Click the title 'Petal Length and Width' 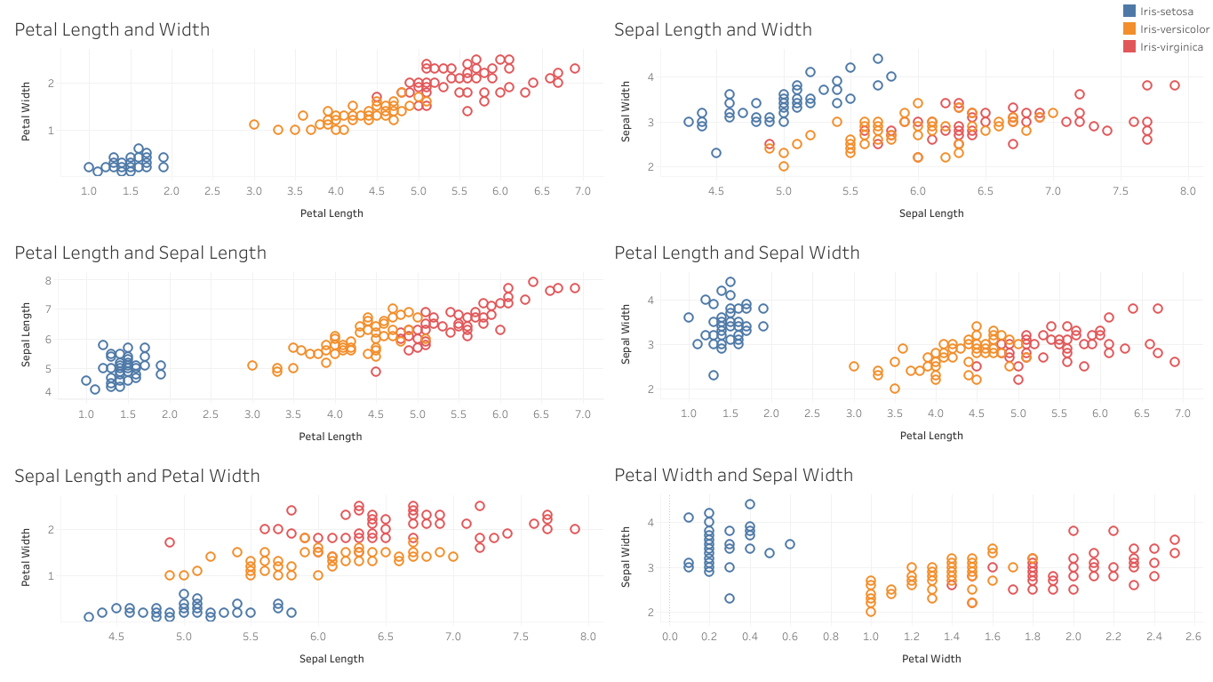(x=112, y=29)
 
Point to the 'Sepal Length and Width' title (x=713, y=29)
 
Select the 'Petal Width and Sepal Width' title (x=733, y=476)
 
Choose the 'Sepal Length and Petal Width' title (x=137, y=476)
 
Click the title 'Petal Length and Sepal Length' (x=140, y=253)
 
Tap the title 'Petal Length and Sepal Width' (x=737, y=253)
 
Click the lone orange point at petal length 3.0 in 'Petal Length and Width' (x=253, y=124)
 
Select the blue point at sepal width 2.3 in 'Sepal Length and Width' (x=715, y=153)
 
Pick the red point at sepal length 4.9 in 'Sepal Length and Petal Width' (x=170, y=542)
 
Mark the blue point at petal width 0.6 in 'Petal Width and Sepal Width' (x=789, y=544)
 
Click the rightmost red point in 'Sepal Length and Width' (x=1174, y=85)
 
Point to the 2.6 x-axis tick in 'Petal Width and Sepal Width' (x=1193, y=636)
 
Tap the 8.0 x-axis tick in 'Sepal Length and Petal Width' (x=587, y=636)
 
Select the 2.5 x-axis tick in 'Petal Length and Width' (x=211, y=190)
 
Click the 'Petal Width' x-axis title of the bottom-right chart (x=930, y=659)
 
